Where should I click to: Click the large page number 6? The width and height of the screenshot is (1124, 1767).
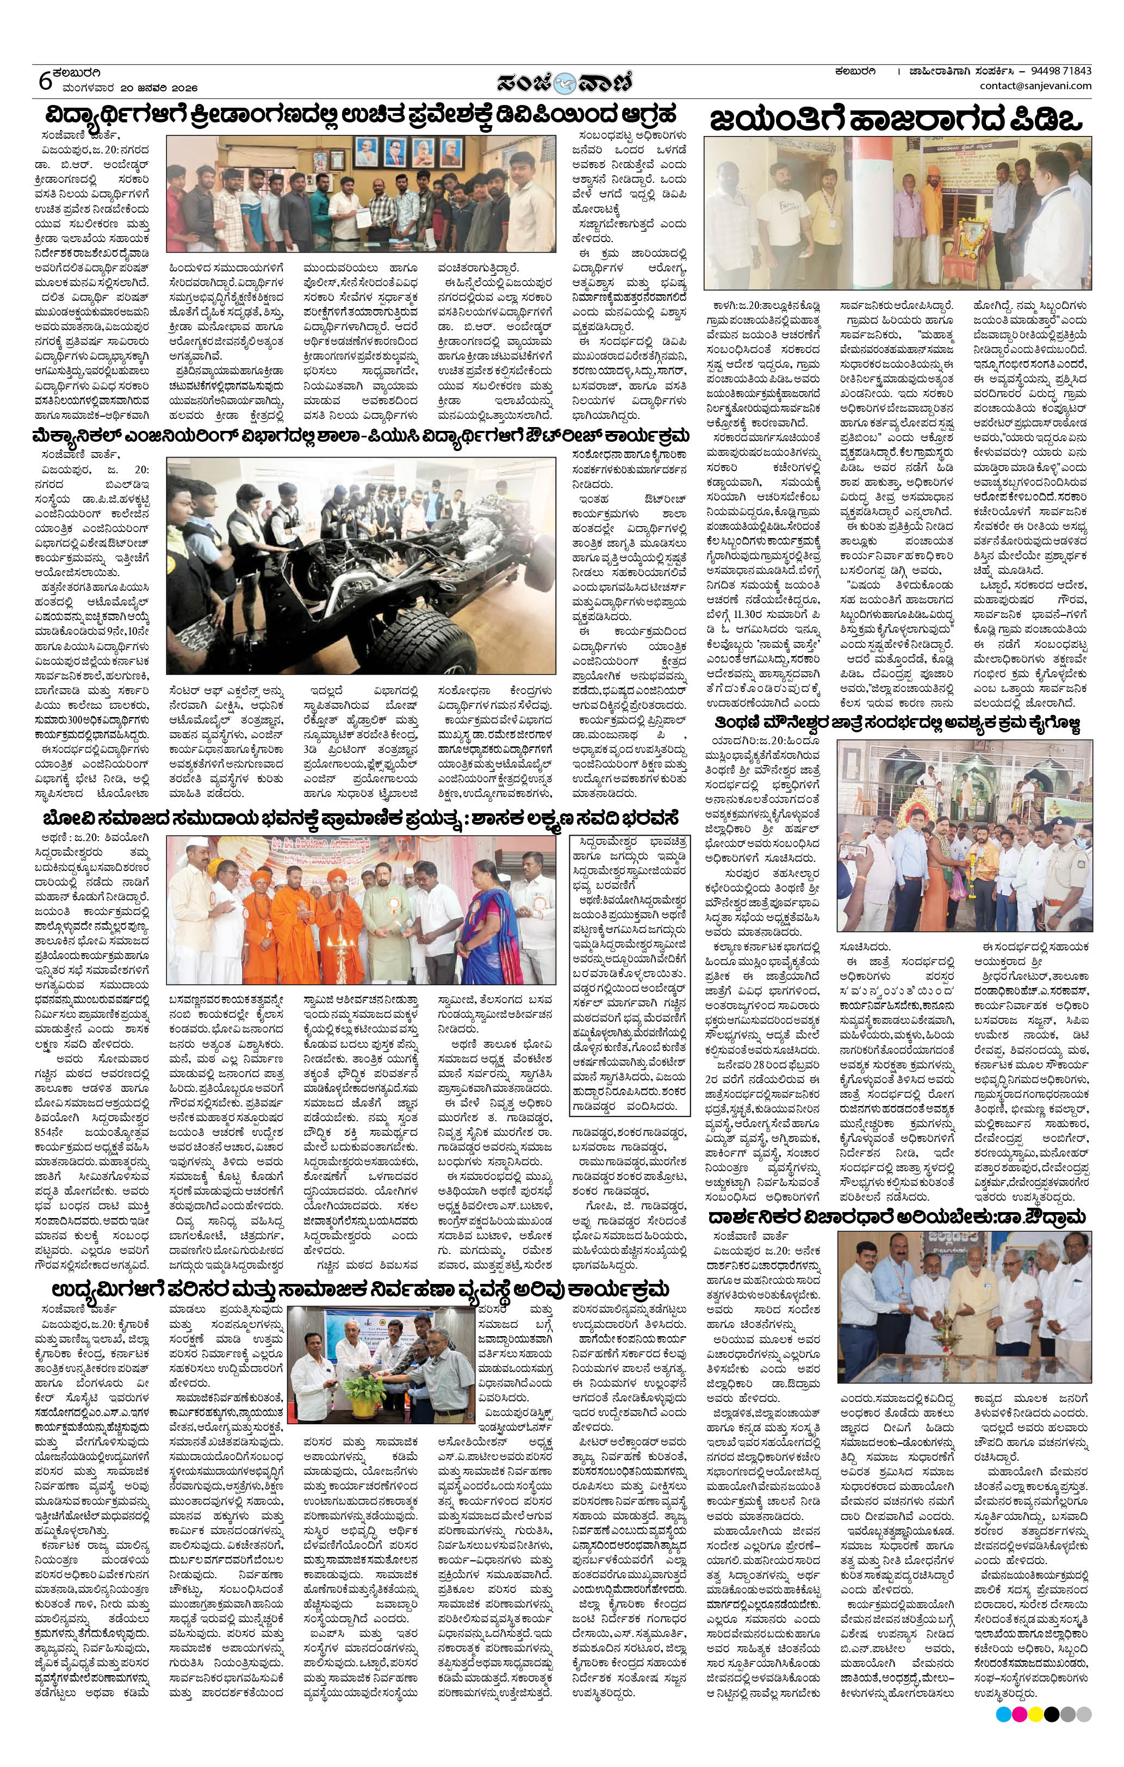click(46, 80)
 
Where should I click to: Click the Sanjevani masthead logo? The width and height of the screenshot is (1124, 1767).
click(562, 82)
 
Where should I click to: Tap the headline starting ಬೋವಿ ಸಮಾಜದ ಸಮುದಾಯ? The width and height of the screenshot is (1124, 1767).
click(359, 818)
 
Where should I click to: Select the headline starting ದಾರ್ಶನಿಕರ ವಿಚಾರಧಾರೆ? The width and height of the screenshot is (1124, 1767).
click(897, 1218)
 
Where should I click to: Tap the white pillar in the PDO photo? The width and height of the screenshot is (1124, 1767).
click(874, 213)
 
